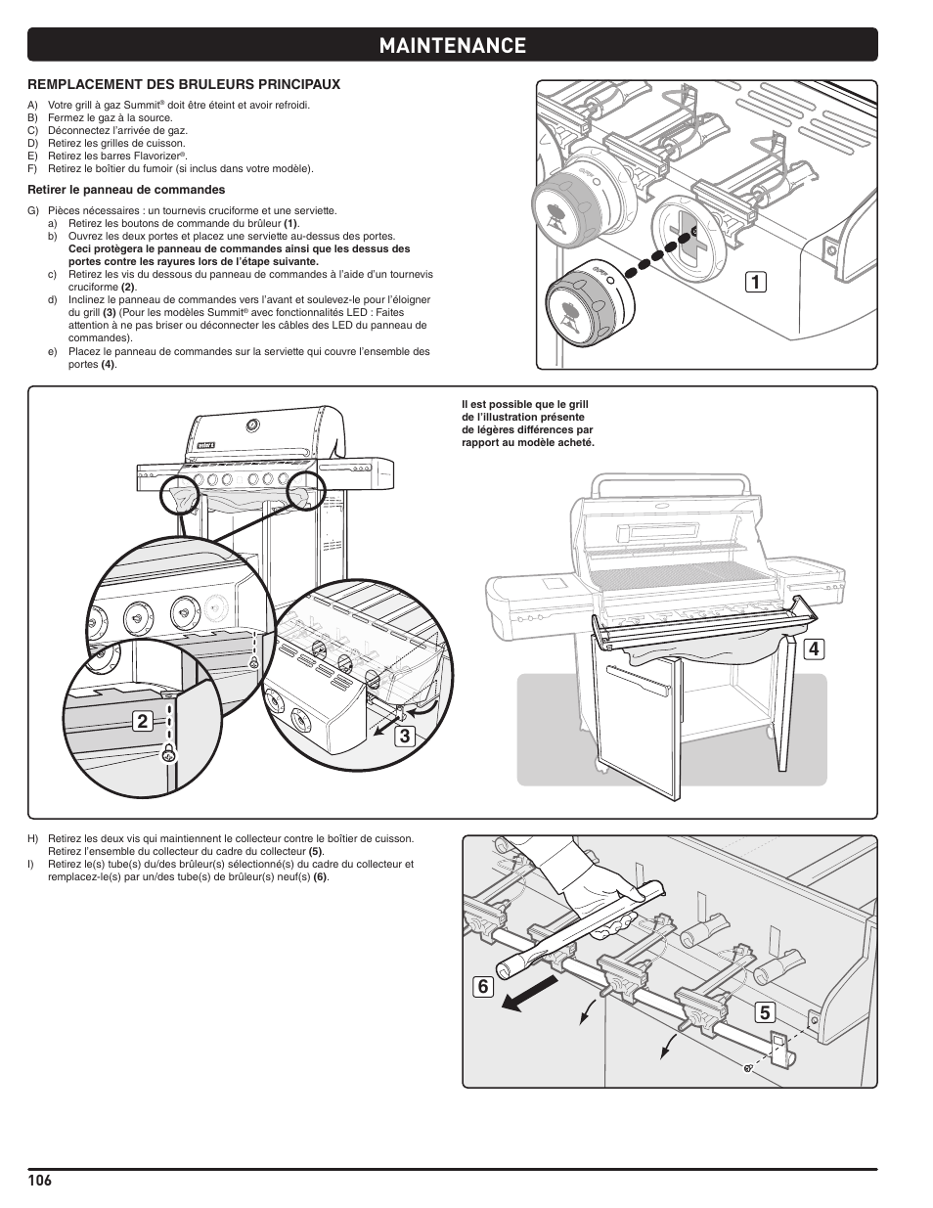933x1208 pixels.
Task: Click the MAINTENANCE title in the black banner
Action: (452, 45)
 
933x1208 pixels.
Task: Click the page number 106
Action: (39, 1180)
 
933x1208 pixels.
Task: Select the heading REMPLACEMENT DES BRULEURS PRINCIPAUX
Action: (183, 84)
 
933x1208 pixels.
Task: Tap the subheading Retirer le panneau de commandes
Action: (126, 190)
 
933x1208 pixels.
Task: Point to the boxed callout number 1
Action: (753, 282)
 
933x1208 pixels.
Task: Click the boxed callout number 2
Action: (143, 722)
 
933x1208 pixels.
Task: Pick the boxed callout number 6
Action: (481, 987)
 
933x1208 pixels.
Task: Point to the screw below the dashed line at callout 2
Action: (168, 753)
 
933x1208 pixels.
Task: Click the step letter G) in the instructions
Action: (32, 210)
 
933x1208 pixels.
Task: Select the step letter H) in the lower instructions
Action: (32, 838)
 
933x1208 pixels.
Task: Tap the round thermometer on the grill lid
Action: (253, 425)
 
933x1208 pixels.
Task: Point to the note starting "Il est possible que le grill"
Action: (527, 424)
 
